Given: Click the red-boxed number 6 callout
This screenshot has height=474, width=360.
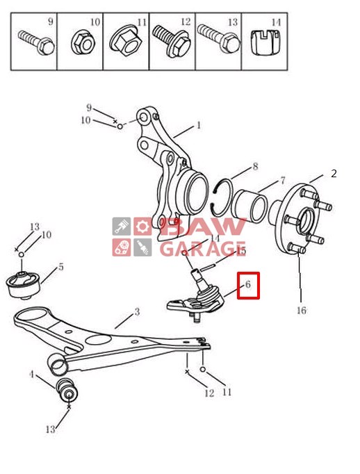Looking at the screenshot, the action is point(248,285).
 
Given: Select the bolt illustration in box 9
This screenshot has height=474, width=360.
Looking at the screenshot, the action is point(36,42).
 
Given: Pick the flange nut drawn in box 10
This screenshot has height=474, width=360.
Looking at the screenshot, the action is point(83,44).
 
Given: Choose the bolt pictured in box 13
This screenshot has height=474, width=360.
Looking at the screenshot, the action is point(218,39).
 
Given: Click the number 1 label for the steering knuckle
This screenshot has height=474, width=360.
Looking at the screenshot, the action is point(199,125).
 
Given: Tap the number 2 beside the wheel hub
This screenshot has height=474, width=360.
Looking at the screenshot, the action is point(334,174).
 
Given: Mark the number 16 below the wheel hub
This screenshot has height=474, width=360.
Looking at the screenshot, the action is point(302,310).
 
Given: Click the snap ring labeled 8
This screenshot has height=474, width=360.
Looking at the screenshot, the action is point(222,197).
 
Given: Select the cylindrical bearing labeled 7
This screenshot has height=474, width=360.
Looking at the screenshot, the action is point(249,206).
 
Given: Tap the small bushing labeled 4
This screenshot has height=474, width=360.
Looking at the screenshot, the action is point(67,391).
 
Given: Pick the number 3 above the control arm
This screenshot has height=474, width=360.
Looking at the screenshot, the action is point(137,311).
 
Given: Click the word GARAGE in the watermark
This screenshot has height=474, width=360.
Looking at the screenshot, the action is point(202,249).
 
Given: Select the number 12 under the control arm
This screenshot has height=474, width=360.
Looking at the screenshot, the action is point(209,393).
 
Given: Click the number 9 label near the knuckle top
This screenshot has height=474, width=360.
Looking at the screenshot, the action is point(89,107).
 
